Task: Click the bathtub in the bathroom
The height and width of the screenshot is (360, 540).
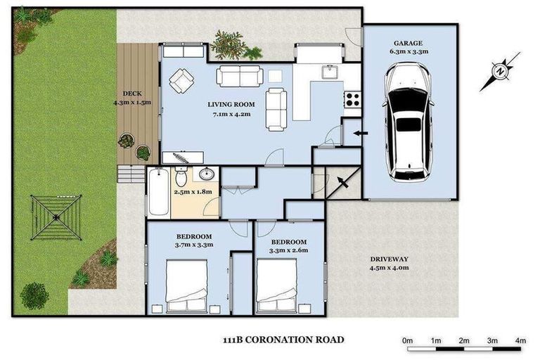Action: (157, 192)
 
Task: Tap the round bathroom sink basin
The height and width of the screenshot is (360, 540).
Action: (207, 174)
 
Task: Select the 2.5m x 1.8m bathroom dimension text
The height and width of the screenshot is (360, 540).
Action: (192, 190)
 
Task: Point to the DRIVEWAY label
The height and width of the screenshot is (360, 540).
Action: (389, 259)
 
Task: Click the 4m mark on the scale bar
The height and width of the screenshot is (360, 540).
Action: (520, 340)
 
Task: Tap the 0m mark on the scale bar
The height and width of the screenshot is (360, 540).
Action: (408, 340)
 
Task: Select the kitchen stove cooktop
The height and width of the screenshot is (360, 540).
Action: (352, 100)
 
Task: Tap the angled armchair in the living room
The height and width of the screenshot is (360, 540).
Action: (184, 81)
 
